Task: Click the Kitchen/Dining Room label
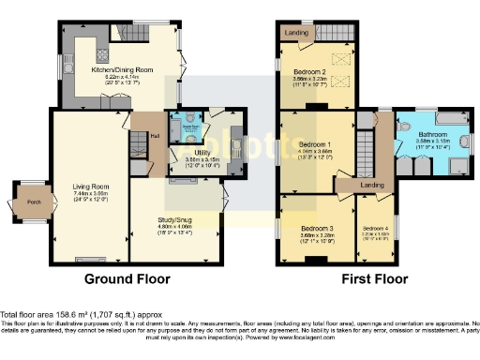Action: pos(122,70)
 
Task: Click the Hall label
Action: pos(154,134)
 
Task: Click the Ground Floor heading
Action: pos(127,278)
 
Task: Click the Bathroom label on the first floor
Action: pos(433,136)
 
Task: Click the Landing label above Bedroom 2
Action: pos(303,37)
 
